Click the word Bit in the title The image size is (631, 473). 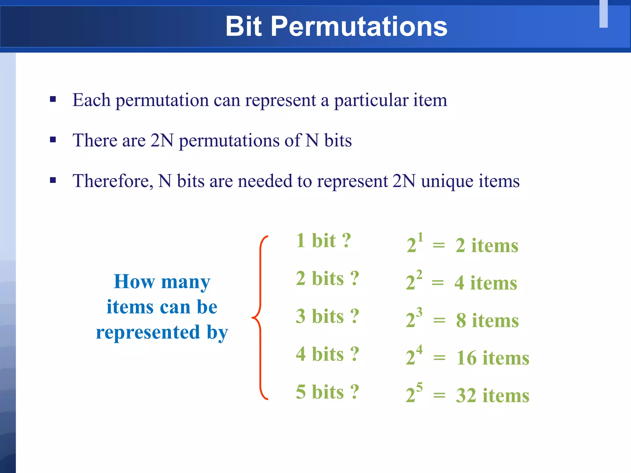tap(243, 26)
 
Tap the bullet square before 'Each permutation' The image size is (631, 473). tap(53, 99)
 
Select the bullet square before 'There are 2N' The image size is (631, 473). tap(53, 140)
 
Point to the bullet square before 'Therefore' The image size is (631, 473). tap(53, 180)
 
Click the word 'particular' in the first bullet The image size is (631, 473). tap(371, 100)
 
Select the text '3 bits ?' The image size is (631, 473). tap(327, 316)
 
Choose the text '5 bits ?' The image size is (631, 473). tap(327, 392)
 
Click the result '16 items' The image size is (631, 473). tap(493, 358)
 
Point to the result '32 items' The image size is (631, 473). tap(493, 396)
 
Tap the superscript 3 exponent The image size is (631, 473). tap(419, 312)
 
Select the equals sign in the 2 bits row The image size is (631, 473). tap(438, 283)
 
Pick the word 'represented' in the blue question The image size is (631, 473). tap(148, 333)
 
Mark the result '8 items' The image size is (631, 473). tap(487, 321)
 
